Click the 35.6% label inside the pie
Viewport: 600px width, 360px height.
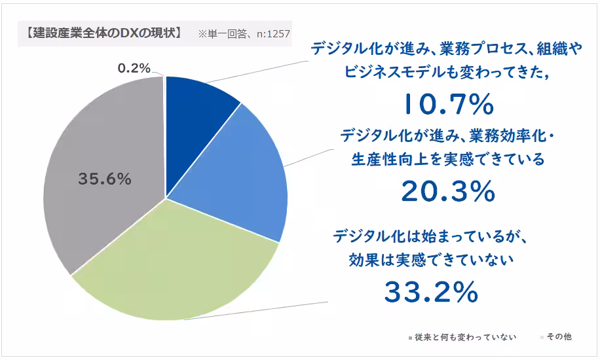(x=105, y=178)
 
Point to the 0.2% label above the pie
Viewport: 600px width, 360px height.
(x=134, y=67)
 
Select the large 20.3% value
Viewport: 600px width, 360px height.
(x=447, y=191)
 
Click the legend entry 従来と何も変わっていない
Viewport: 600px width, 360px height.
(x=464, y=337)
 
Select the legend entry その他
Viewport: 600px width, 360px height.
(x=559, y=337)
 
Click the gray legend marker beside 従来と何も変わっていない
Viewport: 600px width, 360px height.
(x=409, y=338)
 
